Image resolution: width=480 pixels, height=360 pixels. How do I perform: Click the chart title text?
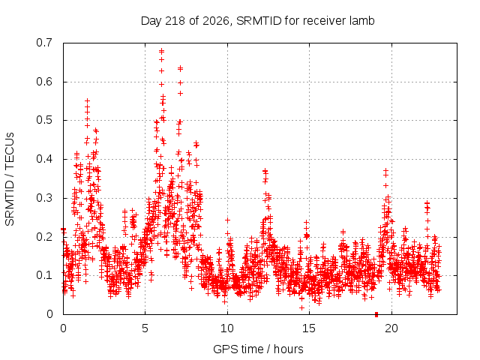257,21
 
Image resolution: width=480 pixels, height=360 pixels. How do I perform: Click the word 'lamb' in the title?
362,20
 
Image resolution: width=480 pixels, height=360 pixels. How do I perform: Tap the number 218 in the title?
175,21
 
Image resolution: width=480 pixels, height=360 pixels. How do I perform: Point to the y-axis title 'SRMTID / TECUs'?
10,179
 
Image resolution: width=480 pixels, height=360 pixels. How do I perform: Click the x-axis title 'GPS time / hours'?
258,349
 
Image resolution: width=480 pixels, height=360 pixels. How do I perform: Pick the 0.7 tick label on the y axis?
44,43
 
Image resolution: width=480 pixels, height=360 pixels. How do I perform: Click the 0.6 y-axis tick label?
44,82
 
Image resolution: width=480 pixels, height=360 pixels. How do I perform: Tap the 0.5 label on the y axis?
44,120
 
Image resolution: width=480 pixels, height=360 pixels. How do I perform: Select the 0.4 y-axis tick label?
44,159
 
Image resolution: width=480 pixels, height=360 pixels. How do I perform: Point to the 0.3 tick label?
44,198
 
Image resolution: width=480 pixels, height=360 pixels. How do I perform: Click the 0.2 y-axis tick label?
44,236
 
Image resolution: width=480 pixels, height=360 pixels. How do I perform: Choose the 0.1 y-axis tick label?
44,275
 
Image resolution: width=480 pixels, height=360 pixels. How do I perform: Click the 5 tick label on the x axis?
145,328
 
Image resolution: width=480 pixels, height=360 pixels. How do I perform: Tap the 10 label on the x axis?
227,328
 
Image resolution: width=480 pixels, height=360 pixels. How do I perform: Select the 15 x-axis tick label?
309,328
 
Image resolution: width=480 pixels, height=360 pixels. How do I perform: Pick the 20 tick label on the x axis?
391,328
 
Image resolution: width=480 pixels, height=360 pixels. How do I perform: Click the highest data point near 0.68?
162,49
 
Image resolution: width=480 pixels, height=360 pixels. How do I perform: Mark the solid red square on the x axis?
376,314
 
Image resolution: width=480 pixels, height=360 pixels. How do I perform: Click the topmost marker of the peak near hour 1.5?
87,100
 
